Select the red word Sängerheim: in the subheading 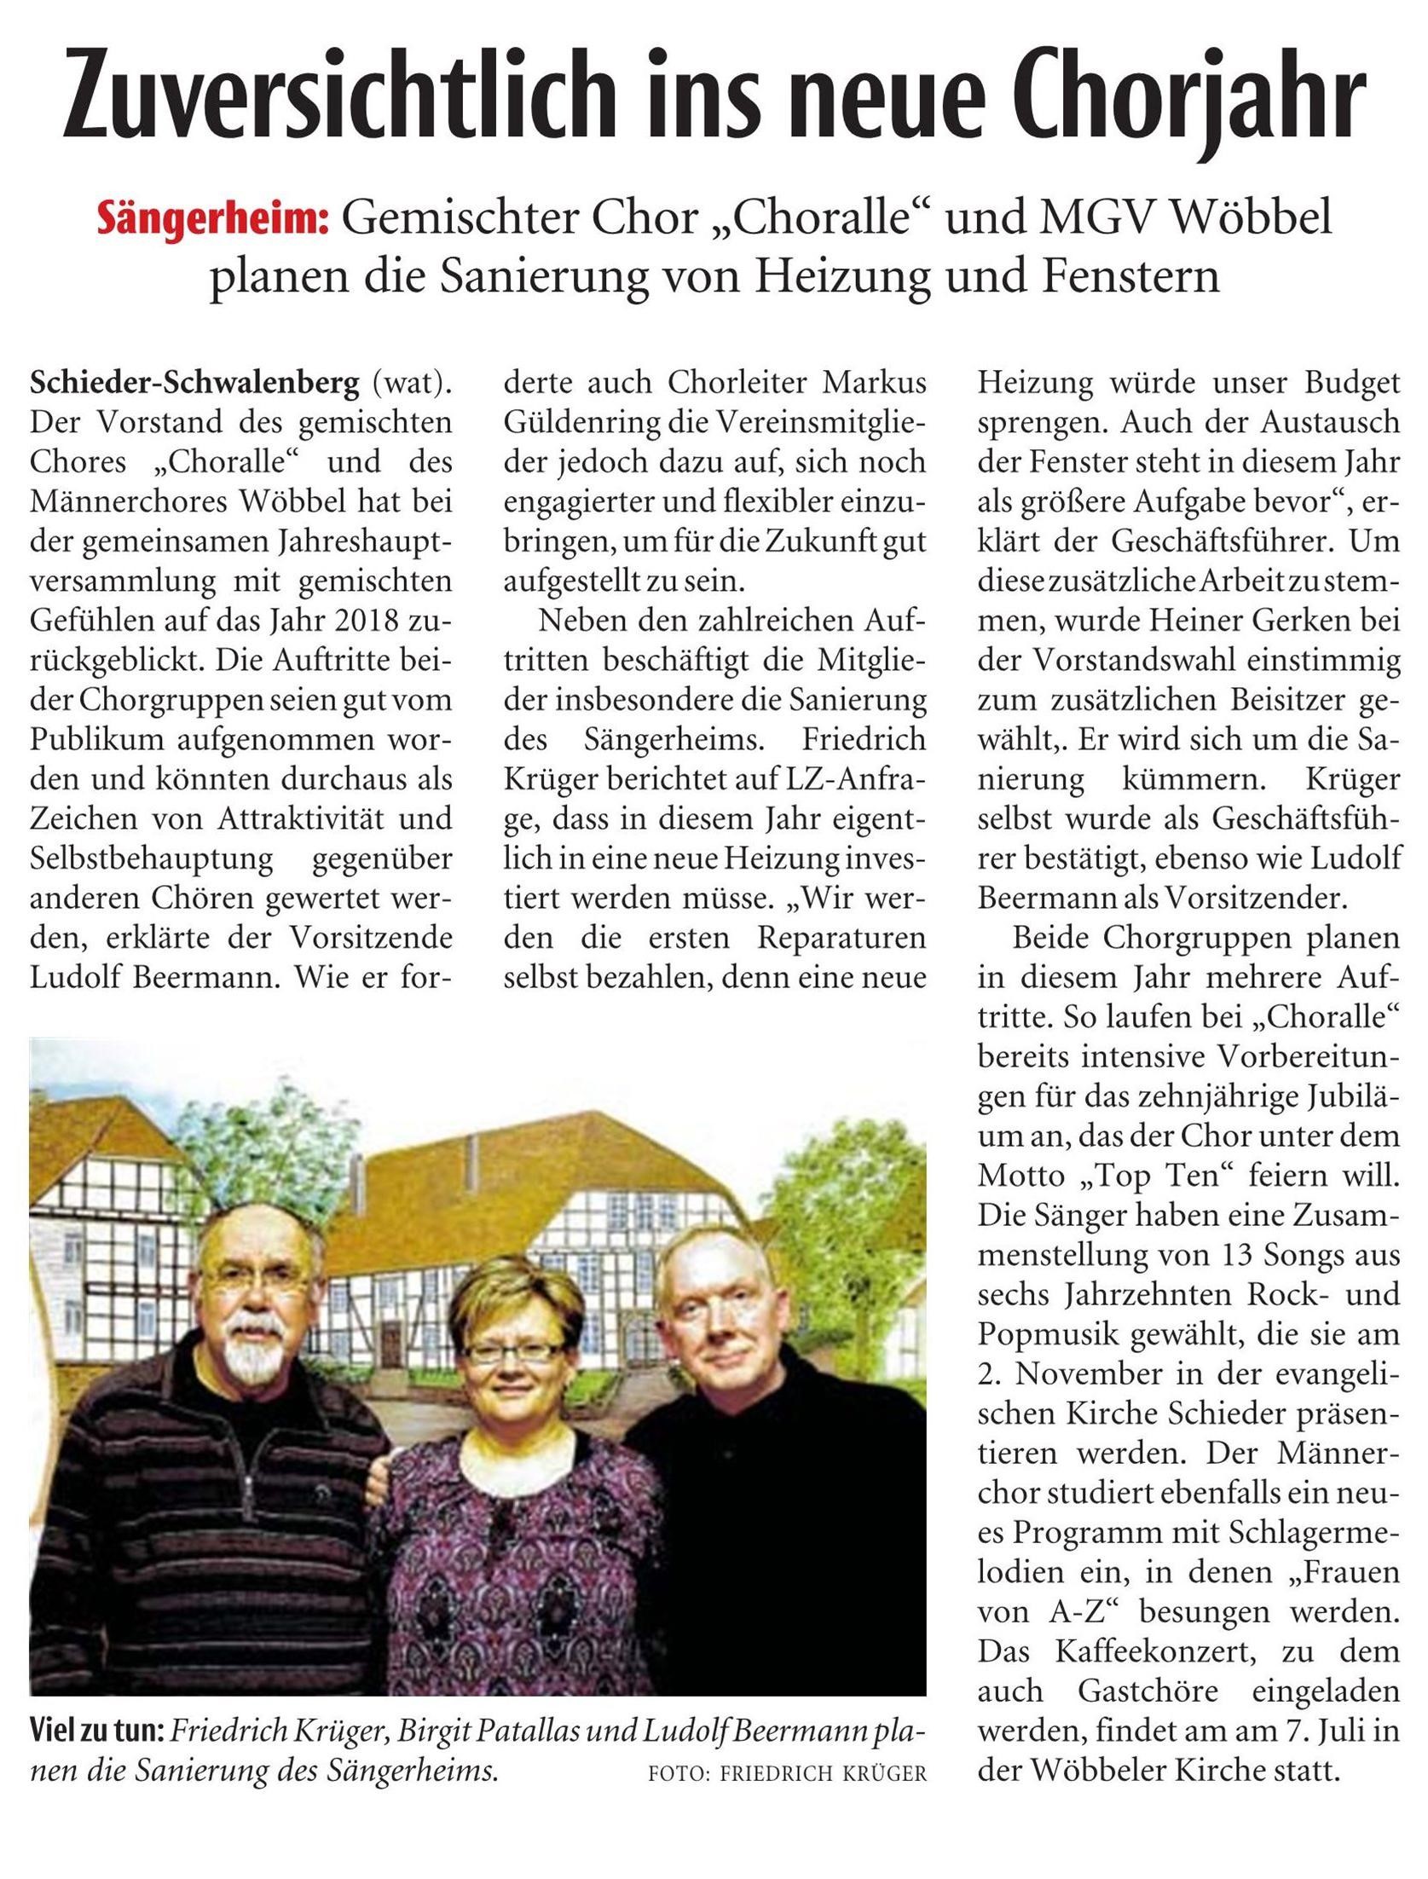click(212, 221)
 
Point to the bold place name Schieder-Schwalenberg click(194, 384)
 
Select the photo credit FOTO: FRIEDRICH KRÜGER click(786, 1774)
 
